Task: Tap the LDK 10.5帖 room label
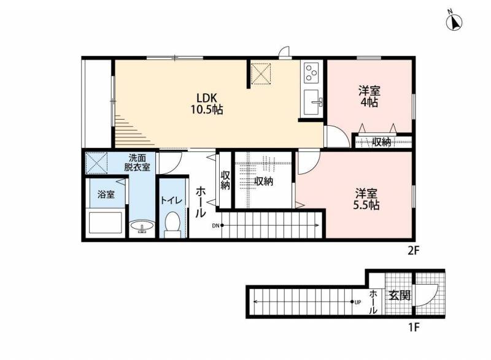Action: click(x=207, y=104)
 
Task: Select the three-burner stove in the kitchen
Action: click(x=312, y=72)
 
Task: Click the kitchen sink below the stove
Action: click(x=311, y=102)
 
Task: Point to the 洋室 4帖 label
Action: click(x=369, y=97)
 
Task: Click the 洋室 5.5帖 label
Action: click(x=366, y=199)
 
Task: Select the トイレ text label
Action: click(x=171, y=201)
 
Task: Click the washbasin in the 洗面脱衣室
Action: click(x=142, y=226)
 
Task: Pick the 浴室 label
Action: click(x=106, y=194)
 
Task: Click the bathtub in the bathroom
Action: click(x=106, y=223)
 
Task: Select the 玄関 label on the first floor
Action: click(x=400, y=295)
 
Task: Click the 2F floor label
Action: click(x=413, y=251)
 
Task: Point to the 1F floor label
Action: click(x=413, y=327)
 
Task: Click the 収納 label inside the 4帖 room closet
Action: click(x=382, y=142)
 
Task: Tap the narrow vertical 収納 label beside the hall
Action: click(x=225, y=180)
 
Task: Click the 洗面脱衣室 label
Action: click(x=137, y=162)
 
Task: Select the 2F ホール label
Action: click(x=201, y=202)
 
